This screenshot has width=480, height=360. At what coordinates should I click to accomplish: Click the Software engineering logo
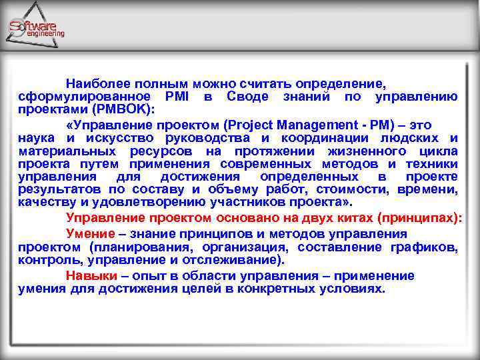(x=36, y=27)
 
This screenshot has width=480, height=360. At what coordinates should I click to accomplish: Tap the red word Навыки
(x=89, y=275)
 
